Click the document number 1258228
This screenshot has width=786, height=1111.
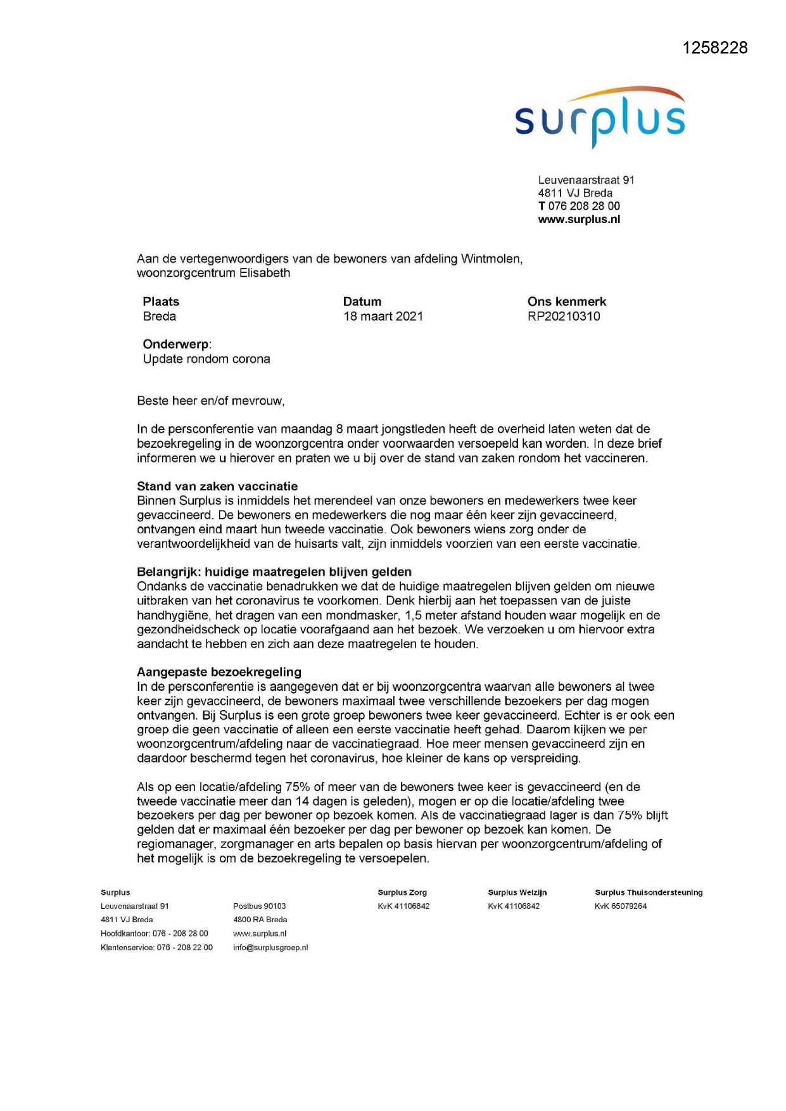click(715, 48)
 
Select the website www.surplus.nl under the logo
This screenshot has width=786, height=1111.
click(579, 220)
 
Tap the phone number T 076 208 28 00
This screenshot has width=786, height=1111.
click(579, 206)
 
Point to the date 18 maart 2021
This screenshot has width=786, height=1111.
click(383, 317)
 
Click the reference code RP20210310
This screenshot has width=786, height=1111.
click(564, 317)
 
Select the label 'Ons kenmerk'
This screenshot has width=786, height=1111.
click(567, 302)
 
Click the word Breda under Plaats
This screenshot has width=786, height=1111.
click(160, 317)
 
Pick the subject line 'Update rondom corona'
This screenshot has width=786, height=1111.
click(206, 359)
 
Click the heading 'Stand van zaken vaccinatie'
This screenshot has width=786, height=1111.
click(217, 486)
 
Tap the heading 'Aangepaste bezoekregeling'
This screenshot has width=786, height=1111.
click(219, 672)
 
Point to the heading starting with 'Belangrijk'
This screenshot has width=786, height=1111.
click(274, 572)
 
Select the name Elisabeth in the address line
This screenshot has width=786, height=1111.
click(265, 274)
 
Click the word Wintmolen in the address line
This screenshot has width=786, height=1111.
click(491, 259)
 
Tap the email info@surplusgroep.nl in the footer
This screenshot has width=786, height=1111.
click(270, 948)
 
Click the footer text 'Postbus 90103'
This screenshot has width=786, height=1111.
click(260, 906)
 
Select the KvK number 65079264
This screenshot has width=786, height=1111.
click(621, 906)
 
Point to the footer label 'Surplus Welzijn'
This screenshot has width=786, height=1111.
click(517, 892)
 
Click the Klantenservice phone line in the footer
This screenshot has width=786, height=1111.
click(156, 948)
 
